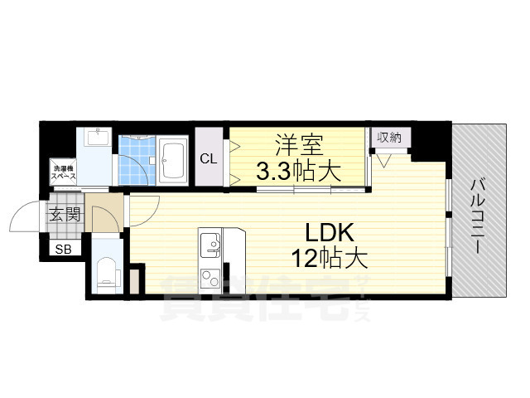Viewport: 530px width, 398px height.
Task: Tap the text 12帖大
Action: point(328,259)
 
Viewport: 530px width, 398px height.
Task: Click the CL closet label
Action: point(208,158)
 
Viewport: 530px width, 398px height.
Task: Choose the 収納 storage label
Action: point(389,138)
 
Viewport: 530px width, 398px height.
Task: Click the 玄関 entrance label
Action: point(65,216)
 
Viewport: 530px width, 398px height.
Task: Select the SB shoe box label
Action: point(64,249)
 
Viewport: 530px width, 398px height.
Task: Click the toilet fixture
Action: point(106,272)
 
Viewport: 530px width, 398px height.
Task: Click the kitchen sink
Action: point(209,244)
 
